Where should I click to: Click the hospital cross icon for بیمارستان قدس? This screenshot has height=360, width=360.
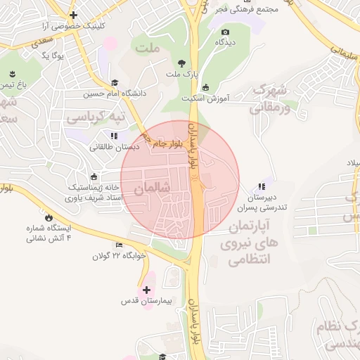(x=146, y=290)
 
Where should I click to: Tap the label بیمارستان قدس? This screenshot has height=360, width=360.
(x=146, y=302)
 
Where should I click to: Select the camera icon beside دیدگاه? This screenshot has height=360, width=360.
(x=225, y=32)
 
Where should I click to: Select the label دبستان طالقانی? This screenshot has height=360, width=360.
(x=114, y=147)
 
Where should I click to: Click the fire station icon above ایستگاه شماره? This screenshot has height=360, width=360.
(x=49, y=218)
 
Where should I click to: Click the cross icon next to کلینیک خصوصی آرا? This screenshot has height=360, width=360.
(x=73, y=15)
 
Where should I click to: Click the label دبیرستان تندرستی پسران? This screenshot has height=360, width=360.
(x=262, y=203)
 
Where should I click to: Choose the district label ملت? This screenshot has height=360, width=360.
(x=149, y=49)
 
